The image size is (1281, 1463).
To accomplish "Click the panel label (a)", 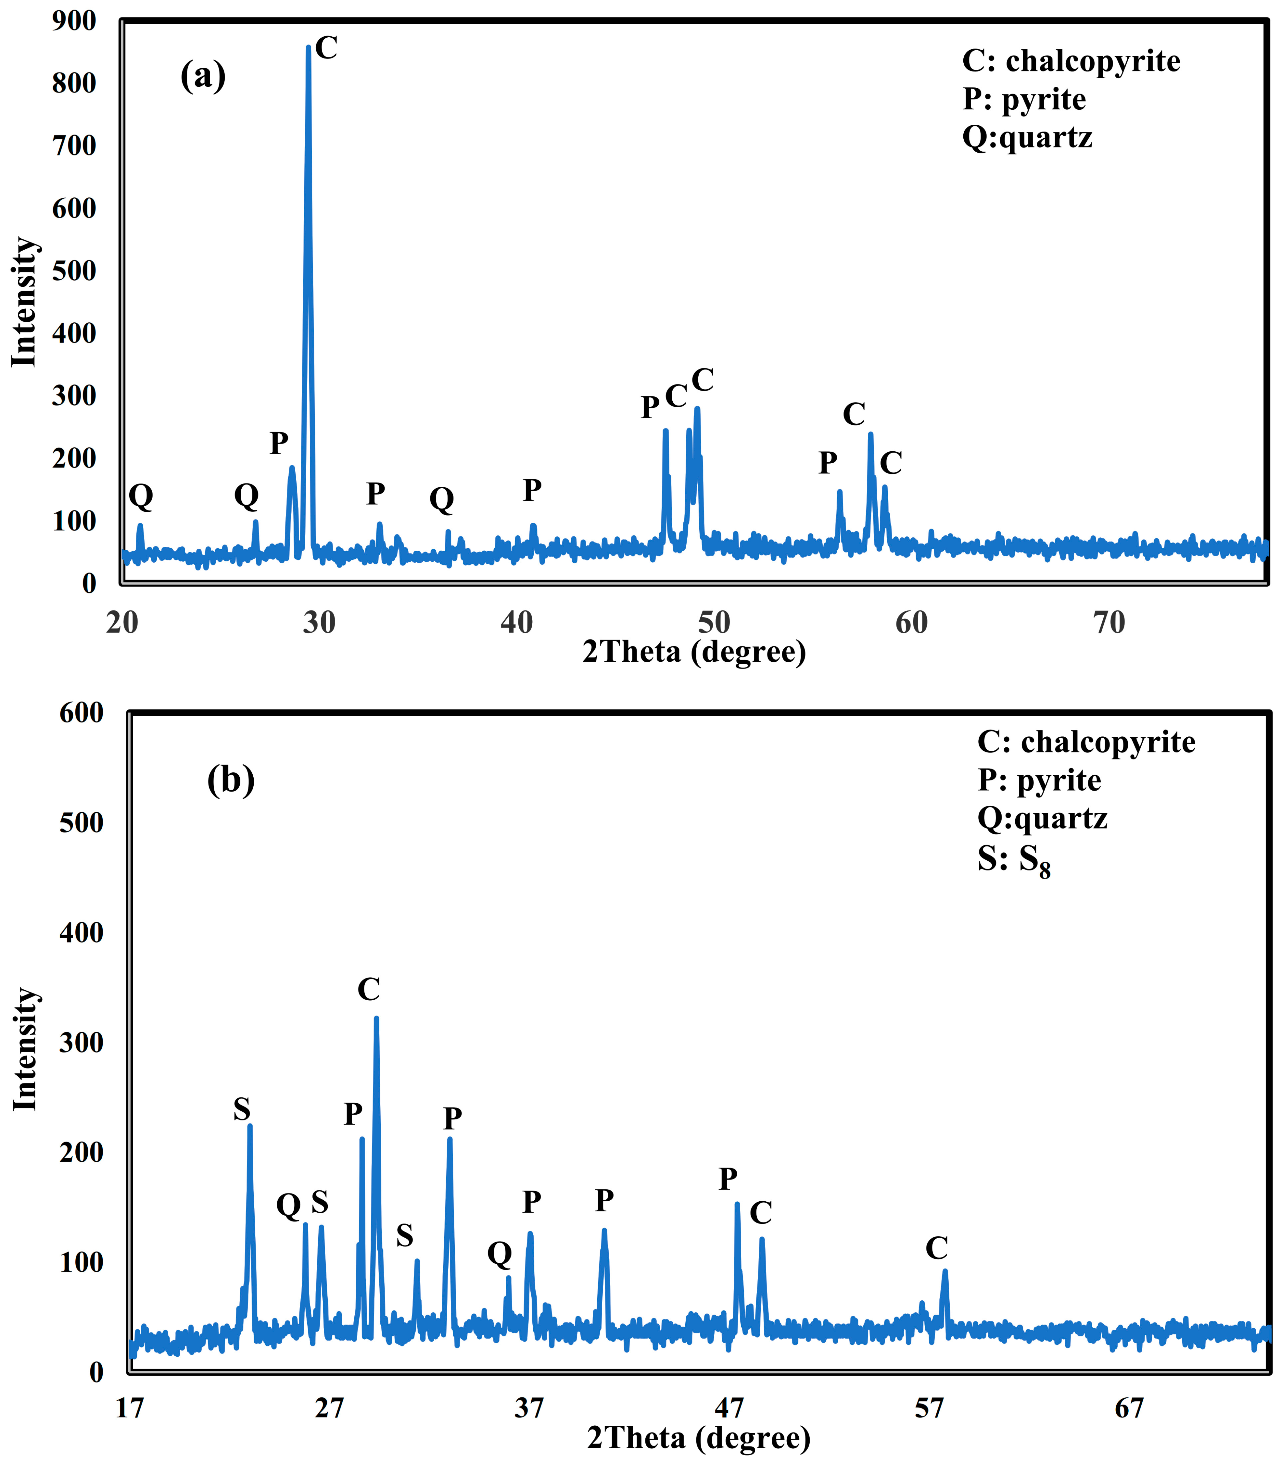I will pyautogui.click(x=203, y=76).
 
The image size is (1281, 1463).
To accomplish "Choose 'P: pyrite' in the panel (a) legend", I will pyautogui.click(x=1024, y=99).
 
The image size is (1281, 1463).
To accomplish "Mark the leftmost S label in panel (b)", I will pyautogui.click(x=242, y=1110).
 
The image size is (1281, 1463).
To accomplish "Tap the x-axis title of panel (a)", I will pyautogui.click(x=694, y=652).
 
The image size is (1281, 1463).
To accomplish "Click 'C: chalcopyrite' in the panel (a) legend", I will pyautogui.click(x=1071, y=61).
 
